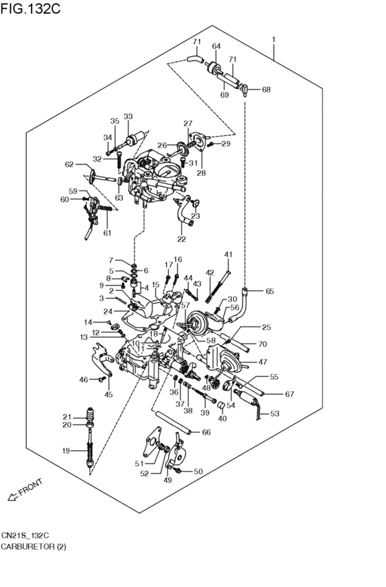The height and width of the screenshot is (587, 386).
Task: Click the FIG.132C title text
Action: tap(30, 8)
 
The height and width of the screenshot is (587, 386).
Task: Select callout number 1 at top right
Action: tap(274, 39)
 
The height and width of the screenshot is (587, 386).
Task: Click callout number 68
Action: tap(266, 90)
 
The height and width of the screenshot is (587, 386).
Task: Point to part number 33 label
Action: tap(128, 117)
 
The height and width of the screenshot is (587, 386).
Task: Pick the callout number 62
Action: tap(70, 164)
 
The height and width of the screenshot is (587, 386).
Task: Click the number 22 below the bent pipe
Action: tap(181, 239)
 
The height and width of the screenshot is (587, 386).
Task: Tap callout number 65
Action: tap(270, 291)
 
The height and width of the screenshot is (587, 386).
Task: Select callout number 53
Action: tap(274, 414)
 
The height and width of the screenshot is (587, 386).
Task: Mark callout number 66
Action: tap(206, 432)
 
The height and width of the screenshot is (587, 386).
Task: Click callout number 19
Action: tap(66, 450)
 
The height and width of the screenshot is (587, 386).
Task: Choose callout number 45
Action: tap(108, 394)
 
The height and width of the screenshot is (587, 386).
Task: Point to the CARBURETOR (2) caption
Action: tap(33, 546)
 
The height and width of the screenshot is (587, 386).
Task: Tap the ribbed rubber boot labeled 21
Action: tap(90, 414)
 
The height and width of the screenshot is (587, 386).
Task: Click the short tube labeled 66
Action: tap(171, 422)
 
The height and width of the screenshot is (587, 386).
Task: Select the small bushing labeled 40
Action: tap(221, 406)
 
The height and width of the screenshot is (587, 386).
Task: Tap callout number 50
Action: tap(198, 471)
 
